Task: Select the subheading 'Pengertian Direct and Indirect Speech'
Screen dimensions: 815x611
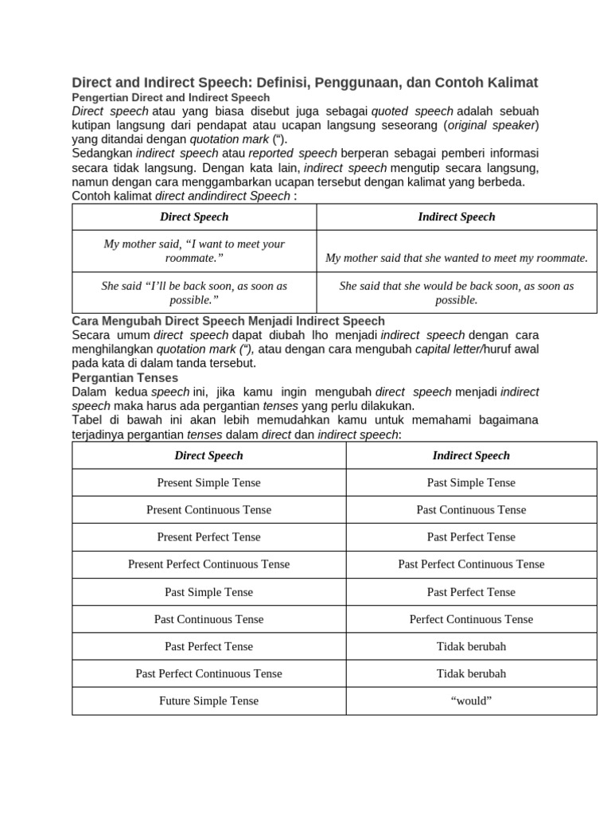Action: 171,97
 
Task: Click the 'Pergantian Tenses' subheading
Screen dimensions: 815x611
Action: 125,377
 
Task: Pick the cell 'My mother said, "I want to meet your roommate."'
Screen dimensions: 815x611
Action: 194,251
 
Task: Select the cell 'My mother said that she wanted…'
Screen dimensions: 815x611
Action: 457,258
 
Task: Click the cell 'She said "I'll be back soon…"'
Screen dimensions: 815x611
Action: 194,292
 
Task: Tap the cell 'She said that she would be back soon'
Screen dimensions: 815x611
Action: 457,292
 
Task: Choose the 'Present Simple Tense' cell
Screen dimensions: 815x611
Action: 208,482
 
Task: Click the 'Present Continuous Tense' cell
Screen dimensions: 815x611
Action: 208,509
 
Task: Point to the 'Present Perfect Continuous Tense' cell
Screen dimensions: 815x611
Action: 208,563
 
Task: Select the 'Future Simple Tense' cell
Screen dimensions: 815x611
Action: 208,700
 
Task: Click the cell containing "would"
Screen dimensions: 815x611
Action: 471,700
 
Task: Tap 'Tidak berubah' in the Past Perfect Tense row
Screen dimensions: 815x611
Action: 471,645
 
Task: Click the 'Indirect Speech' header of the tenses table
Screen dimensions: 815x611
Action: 471,455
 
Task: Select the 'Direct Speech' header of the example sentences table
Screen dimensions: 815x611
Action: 194,216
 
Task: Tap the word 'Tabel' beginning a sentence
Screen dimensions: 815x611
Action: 88,419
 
